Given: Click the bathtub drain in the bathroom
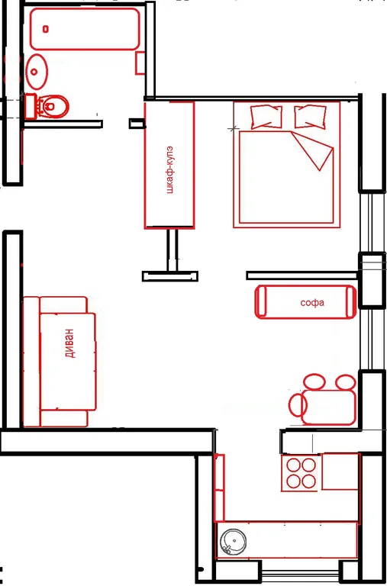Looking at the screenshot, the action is click(x=46, y=29).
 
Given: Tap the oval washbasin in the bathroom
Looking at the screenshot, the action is click(x=37, y=72).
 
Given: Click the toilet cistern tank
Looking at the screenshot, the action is click(x=31, y=107).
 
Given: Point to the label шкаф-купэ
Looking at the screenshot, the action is click(x=170, y=169).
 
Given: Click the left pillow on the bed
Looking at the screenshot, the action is click(x=266, y=117).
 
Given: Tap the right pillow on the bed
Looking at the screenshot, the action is click(x=310, y=117).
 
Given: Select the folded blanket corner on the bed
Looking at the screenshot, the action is click(x=313, y=150).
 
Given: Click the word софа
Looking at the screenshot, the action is click(x=312, y=303).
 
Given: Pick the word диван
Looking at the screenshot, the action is click(x=69, y=343).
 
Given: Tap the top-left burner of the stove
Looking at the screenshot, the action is click(x=293, y=465).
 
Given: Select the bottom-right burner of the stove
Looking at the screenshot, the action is click(x=309, y=481).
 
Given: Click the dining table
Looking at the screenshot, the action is click(x=329, y=407).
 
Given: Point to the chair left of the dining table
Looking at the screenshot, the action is click(x=298, y=404).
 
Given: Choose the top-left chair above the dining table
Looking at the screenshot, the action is click(x=314, y=382).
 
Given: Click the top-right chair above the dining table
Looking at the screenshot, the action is click(x=346, y=382).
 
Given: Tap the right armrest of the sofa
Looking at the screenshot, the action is click(x=350, y=301).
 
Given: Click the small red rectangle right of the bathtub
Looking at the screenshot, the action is click(x=140, y=63).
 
